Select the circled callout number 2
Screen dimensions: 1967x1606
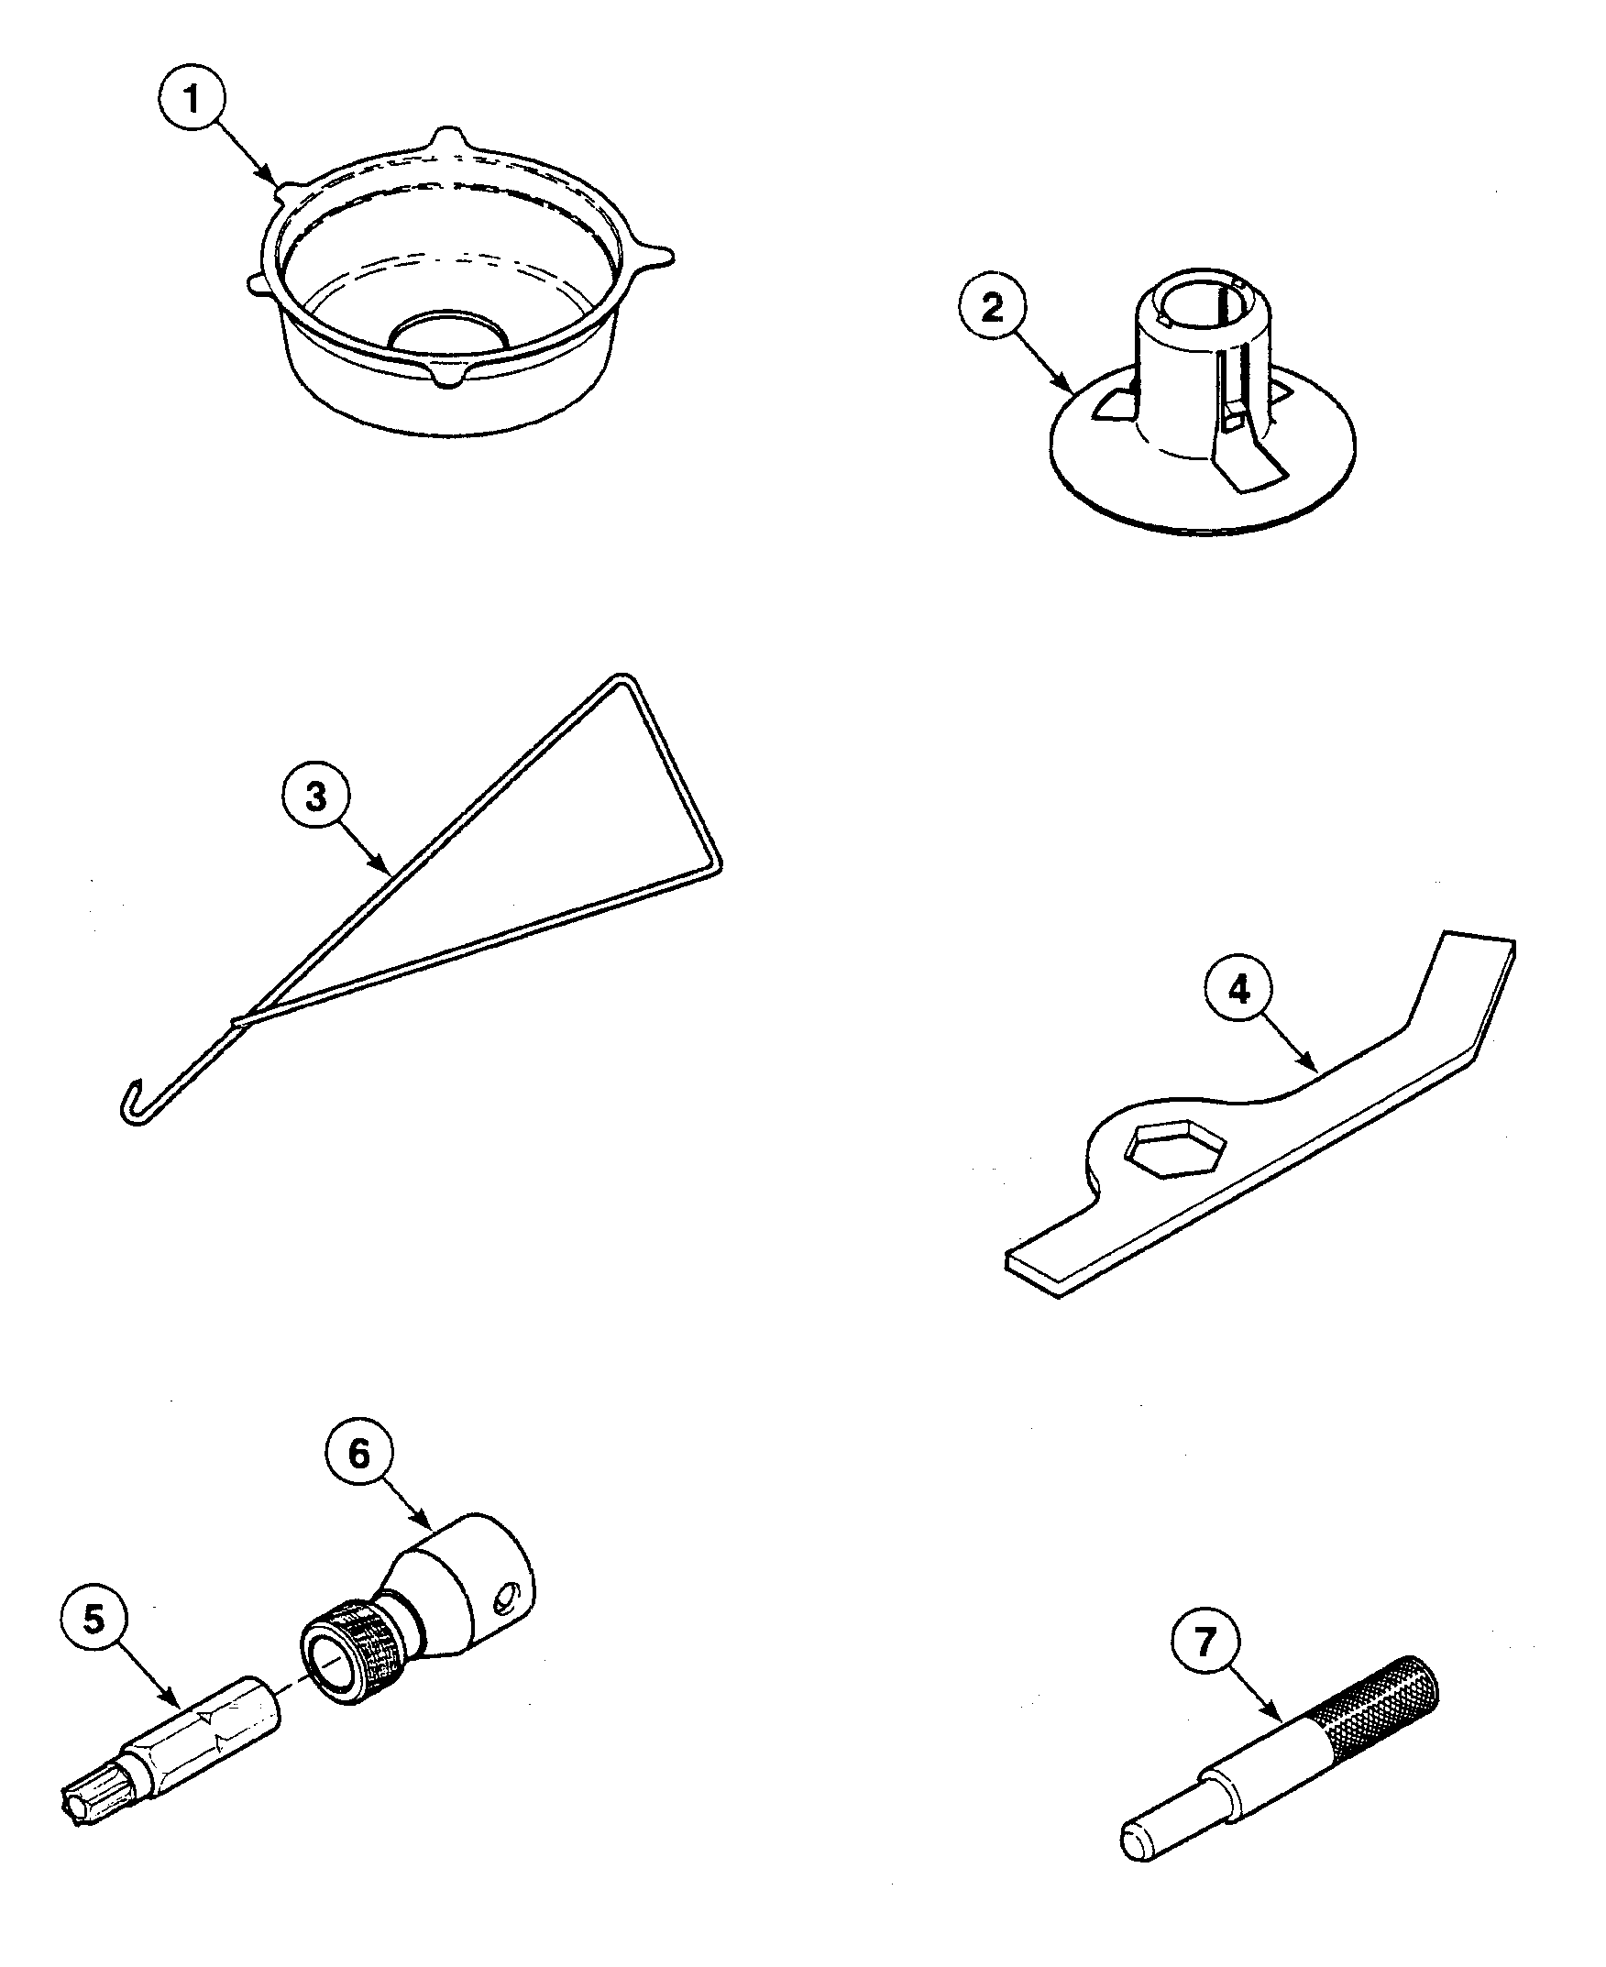(991, 307)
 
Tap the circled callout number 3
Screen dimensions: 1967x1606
(315, 796)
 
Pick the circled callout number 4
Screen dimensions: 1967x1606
(1237, 990)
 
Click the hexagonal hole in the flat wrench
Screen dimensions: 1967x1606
(1174, 1148)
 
